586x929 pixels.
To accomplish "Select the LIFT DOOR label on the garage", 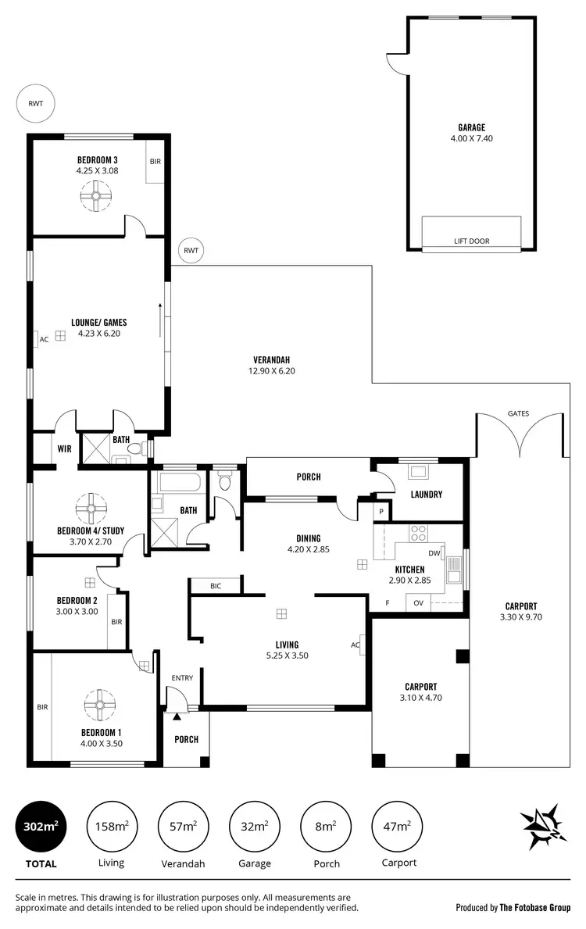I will point(471,241).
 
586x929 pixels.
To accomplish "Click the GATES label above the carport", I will point(518,413).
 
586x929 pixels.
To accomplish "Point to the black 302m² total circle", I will point(41,826).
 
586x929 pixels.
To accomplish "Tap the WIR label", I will point(64,449).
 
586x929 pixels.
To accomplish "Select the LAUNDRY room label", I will point(427,495).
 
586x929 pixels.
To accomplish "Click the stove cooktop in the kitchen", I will point(419,533).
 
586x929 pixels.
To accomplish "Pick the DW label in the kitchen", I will point(434,552).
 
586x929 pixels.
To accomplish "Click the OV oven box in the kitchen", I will point(418,603).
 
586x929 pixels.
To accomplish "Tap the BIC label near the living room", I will point(215,585).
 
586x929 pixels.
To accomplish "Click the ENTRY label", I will point(182,678).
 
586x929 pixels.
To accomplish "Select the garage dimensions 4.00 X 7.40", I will point(471,138).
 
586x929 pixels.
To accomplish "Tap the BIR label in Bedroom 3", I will point(155,161).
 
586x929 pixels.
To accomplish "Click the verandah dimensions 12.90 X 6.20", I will point(271,371).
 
